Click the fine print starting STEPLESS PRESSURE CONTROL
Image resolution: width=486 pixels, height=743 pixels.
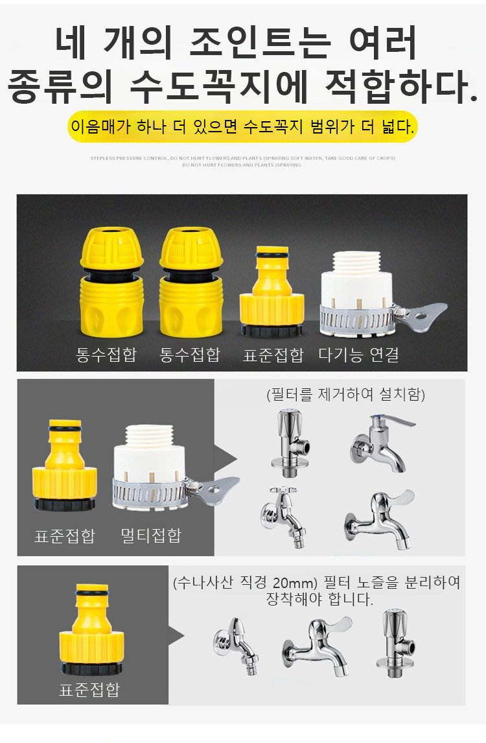(x=243, y=158)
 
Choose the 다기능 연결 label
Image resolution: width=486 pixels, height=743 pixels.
(x=358, y=355)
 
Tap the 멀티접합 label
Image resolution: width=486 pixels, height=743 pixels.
(x=151, y=536)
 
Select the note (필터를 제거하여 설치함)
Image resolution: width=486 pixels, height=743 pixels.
(x=345, y=394)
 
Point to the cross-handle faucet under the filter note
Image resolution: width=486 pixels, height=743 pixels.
(x=283, y=515)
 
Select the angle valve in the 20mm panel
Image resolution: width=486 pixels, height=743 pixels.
(x=395, y=642)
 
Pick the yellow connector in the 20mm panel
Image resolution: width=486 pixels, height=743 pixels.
(x=91, y=629)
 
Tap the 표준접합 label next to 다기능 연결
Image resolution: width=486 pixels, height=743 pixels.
(x=273, y=355)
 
